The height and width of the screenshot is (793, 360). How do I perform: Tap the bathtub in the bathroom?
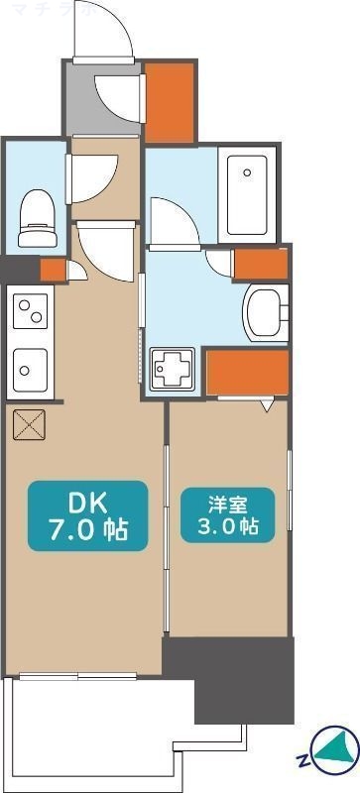click(x=252, y=194)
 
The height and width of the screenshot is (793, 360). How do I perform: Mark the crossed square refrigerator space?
click(x=26, y=424)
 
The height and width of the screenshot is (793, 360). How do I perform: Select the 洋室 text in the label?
click(x=227, y=502)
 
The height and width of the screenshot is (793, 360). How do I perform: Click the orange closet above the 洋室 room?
click(x=248, y=372)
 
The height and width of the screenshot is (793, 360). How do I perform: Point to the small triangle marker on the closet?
click(x=266, y=405)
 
